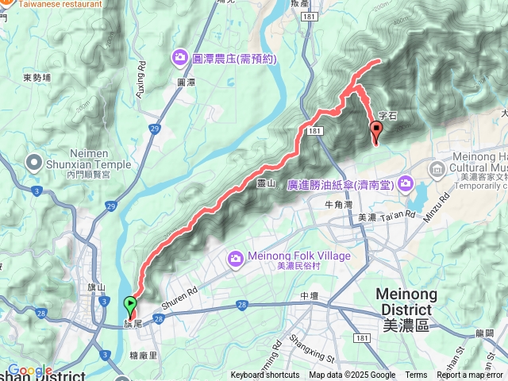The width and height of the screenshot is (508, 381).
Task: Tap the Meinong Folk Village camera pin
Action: (235, 258)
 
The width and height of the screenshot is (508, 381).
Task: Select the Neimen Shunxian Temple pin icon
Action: (34, 164)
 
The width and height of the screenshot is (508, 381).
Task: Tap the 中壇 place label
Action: (309, 296)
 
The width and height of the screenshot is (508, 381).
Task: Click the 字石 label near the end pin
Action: (387, 115)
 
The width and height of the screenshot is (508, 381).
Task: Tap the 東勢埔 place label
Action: (37, 77)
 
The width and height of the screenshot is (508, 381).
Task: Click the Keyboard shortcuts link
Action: (265, 375)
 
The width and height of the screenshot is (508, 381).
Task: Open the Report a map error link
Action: (471, 375)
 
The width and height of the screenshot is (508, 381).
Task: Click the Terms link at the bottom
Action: (416, 375)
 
